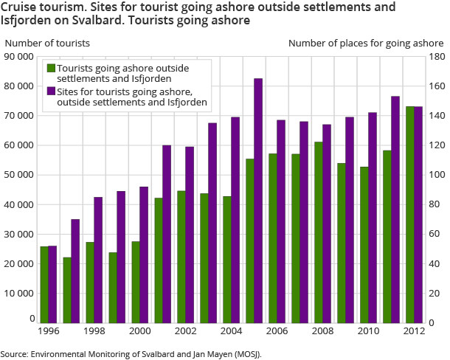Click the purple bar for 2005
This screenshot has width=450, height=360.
pos(259,201)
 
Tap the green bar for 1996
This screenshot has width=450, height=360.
pos(44,285)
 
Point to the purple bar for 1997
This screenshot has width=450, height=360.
pos(75,271)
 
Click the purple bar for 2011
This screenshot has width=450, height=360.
pos(395,210)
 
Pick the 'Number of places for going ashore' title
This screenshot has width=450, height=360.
pos(365,43)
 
